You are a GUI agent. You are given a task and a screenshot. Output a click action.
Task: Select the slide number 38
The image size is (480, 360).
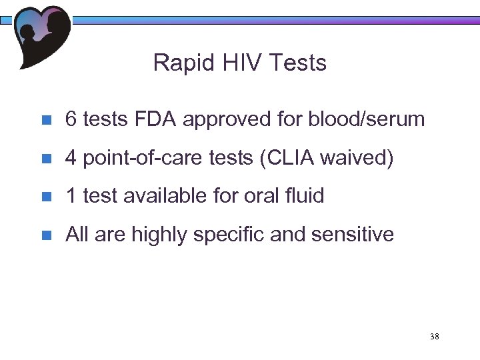[435, 337]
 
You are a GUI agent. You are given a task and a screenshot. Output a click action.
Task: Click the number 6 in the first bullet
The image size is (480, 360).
[70, 119]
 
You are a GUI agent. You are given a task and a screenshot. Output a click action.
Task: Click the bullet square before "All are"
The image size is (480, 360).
[46, 235]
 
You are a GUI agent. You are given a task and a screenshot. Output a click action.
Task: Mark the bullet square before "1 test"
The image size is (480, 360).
[46, 197]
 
